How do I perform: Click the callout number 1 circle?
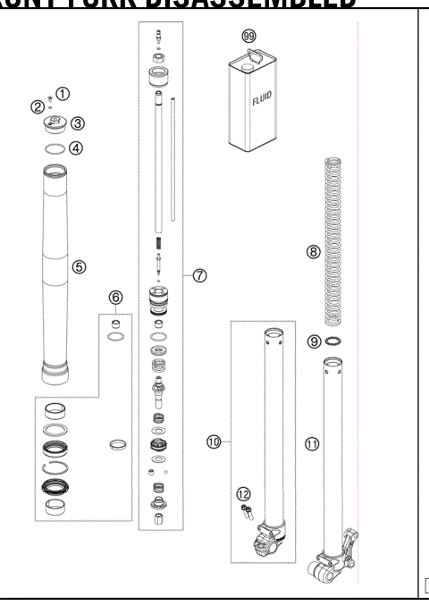[x=63, y=94]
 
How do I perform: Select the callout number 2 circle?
[x=38, y=107]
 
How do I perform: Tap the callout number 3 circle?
[x=79, y=123]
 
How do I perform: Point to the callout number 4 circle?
[x=76, y=147]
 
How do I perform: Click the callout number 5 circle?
[x=80, y=266]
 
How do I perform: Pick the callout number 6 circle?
[x=115, y=297]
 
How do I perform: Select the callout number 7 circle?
[x=200, y=275]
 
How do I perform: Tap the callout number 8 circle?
[x=313, y=252]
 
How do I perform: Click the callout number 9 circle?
[x=313, y=341]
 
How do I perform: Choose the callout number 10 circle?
[x=214, y=442]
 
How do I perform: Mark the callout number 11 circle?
[x=311, y=442]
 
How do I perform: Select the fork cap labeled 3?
[x=55, y=125]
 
